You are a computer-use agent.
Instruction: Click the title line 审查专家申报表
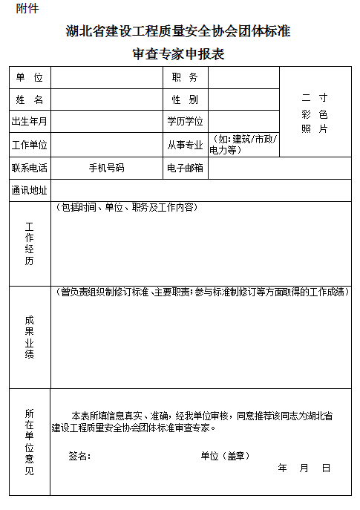(178, 54)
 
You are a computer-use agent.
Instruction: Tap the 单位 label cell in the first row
(30, 78)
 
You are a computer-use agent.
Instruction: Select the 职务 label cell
(184, 78)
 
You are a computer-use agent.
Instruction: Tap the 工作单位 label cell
(30, 145)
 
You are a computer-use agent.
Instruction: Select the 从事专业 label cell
(184, 145)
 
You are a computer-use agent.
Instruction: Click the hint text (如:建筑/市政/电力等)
(243, 145)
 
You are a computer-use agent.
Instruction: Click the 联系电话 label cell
(30, 168)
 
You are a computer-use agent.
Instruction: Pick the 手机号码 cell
(106, 168)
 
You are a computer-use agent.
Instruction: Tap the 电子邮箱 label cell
(184, 168)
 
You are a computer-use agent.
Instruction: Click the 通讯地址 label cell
(30, 190)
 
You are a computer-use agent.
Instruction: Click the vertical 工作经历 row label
(30, 243)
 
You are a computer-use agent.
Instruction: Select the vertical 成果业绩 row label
(30, 337)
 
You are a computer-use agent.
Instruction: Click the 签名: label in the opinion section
(79, 456)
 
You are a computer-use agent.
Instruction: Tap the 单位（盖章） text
(225, 456)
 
